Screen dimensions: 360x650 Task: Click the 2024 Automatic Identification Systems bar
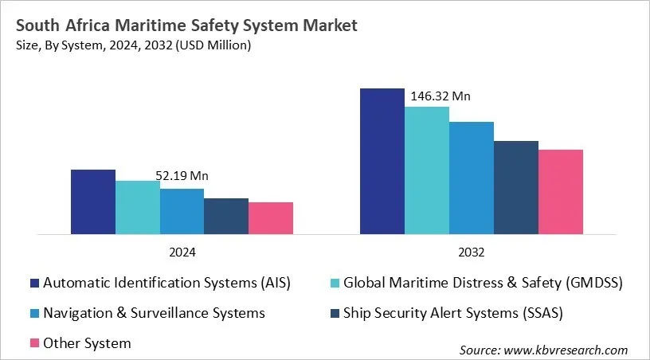pos(93,202)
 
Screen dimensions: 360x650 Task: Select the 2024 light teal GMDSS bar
pos(138,208)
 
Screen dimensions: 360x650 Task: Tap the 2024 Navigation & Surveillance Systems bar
pos(182,212)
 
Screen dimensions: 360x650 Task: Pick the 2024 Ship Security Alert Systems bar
pos(226,217)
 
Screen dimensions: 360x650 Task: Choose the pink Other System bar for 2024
pos(271,218)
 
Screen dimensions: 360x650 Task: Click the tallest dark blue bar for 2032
pos(382,162)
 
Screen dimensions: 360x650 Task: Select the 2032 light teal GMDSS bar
pos(427,170)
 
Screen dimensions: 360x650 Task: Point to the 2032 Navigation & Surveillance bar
pos(472,178)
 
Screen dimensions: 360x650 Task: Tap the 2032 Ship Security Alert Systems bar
pos(516,188)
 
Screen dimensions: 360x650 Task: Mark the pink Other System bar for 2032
pos(561,192)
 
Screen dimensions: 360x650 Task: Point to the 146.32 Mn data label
pos(441,96)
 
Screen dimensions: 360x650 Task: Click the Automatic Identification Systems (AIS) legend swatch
pos(34,283)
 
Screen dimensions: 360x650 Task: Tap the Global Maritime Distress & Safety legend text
pos(483,283)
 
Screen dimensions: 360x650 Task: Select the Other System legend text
pos(87,343)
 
